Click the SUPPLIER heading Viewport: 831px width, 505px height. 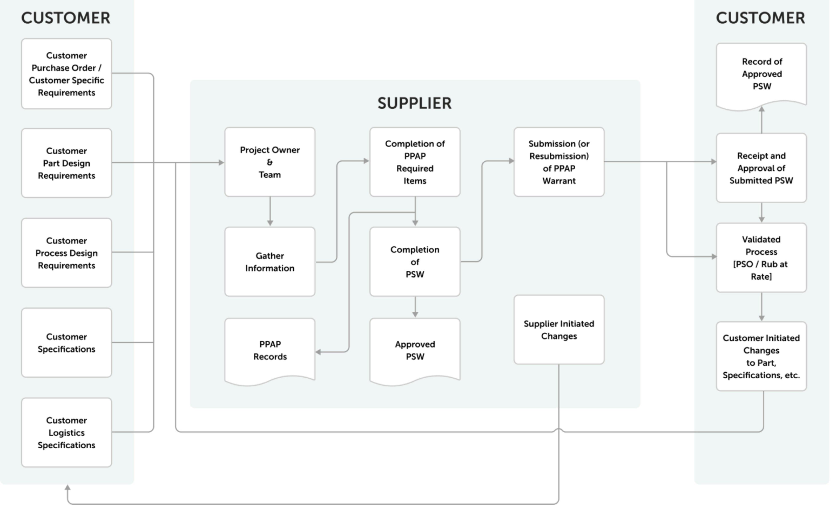(415, 103)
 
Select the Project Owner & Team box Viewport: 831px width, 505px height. (270, 162)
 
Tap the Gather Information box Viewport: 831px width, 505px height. (270, 262)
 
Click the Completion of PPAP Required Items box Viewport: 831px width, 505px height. (415, 162)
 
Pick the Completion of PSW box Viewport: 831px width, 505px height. (415, 262)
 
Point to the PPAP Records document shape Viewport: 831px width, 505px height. (270, 350)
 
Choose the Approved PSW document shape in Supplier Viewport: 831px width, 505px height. (415, 350)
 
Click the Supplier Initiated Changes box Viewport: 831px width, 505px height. (559, 330)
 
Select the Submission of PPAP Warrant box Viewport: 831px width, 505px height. (559, 162)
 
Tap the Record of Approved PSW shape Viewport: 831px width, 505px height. (761, 74)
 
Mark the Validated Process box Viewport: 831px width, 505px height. (761, 258)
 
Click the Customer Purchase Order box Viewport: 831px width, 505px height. (66, 74)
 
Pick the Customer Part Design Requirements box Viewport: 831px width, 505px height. (66, 163)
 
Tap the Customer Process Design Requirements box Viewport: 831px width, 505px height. (66, 253)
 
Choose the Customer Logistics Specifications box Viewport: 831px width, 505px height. (66, 433)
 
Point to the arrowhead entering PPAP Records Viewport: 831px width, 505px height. (318, 352)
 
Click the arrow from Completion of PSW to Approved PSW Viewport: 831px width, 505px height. (415, 307)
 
